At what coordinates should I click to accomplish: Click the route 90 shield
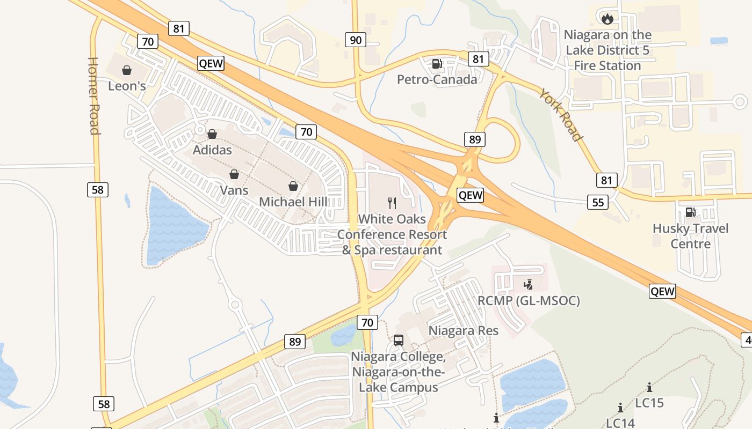click(x=355, y=39)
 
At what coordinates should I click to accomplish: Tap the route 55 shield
click(x=598, y=202)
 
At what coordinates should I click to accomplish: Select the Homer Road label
click(x=93, y=96)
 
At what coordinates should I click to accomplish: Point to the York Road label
click(x=562, y=115)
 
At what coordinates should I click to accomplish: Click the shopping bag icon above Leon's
click(x=127, y=70)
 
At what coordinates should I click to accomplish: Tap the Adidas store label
click(x=212, y=150)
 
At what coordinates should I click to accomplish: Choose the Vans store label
click(x=234, y=190)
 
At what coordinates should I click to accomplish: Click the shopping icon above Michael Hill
click(x=293, y=186)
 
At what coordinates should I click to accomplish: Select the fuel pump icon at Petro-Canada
click(x=437, y=64)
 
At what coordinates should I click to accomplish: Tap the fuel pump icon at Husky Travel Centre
click(x=691, y=212)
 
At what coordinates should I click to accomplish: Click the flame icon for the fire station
click(x=607, y=19)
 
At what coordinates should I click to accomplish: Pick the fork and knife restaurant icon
click(x=392, y=203)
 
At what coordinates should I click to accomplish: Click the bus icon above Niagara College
click(x=398, y=340)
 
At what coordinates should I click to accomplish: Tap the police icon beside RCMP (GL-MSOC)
click(x=529, y=284)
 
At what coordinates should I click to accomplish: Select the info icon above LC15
click(x=649, y=387)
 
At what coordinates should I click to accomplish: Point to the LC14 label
click(x=620, y=423)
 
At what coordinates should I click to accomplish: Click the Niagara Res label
click(x=463, y=331)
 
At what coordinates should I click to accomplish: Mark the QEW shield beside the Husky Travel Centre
click(x=662, y=291)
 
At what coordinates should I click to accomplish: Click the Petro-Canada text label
click(x=437, y=80)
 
